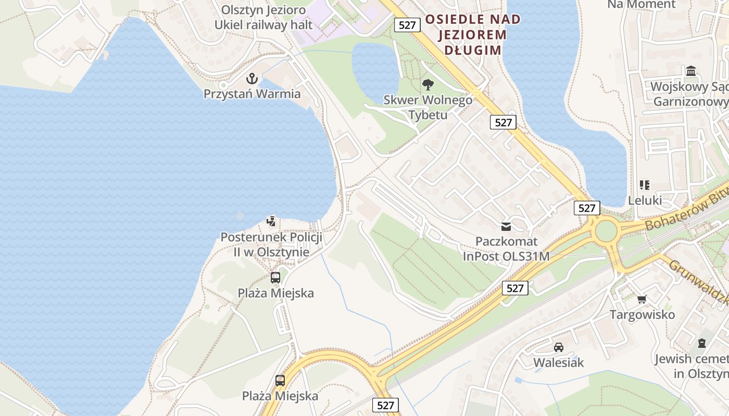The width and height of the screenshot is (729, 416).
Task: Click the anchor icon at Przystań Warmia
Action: pyautogui.click(x=252, y=79)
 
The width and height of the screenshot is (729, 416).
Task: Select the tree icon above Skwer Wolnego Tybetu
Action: pyautogui.click(x=428, y=84)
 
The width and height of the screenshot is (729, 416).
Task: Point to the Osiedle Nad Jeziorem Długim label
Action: pyautogui.click(x=472, y=35)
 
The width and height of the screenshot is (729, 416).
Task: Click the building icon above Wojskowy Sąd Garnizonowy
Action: pyautogui.click(x=691, y=71)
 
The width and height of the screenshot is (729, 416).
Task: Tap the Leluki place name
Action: pyautogui.click(x=645, y=200)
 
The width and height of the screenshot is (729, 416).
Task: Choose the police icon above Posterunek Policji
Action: pyautogui.click(x=271, y=222)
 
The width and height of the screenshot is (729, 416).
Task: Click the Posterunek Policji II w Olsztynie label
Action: pyautogui.click(x=271, y=244)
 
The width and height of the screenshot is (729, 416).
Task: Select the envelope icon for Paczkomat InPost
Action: pyautogui.click(x=506, y=226)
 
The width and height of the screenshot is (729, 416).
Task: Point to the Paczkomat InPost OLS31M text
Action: pyautogui.click(x=506, y=249)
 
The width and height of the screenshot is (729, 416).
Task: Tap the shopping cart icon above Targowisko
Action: pyautogui.click(x=642, y=299)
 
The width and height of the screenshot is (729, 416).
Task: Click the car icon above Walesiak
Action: pyautogui.click(x=559, y=347)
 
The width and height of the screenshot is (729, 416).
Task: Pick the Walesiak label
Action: pyautogui.click(x=559, y=362)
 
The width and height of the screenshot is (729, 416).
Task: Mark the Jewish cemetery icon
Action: pyautogui.click(x=702, y=343)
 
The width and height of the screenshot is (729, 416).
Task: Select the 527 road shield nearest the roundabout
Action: pyautogui.click(x=587, y=208)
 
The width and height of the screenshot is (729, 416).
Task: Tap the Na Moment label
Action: pyautogui.click(x=641, y=5)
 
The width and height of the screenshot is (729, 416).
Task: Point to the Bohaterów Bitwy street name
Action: pyautogui.click(x=685, y=210)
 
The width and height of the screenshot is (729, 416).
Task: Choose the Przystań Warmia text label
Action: pyautogui.click(x=252, y=94)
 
